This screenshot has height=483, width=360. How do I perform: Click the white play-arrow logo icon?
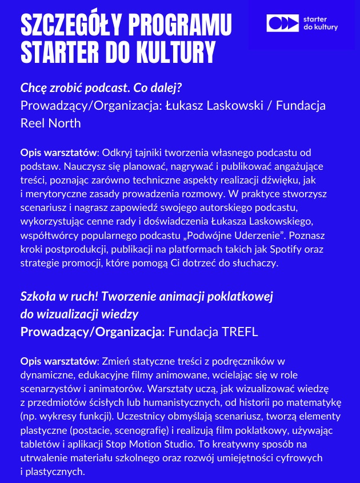pos(282,23)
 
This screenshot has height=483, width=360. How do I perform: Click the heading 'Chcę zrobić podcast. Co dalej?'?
pos(105,89)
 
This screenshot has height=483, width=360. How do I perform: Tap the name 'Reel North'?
pos(50,123)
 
